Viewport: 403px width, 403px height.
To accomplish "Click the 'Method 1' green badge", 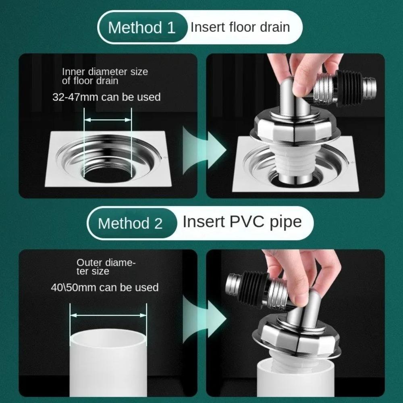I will pyautogui.click(x=142, y=27).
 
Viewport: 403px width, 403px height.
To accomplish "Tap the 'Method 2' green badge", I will pyautogui.click(x=130, y=223).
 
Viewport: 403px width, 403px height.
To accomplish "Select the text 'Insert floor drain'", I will pyautogui.click(x=240, y=27).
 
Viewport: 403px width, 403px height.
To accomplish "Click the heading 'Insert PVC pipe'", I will pyautogui.click(x=242, y=222).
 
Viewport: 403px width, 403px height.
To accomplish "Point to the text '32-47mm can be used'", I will pyautogui.click(x=106, y=97).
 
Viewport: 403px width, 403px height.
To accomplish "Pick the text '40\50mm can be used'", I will pyautogui.click(x=105, y=287).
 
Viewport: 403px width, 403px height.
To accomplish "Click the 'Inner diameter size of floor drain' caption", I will pyautogui.click(x=105, y=76).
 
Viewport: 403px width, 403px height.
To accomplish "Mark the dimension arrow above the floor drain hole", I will pyautogui.click(x=108, y=120).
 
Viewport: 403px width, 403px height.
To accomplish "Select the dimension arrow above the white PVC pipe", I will pyautogui.click(x=108, y=316).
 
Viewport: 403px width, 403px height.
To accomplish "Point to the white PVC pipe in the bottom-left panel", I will pyautogui.click(x=108, y=363).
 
